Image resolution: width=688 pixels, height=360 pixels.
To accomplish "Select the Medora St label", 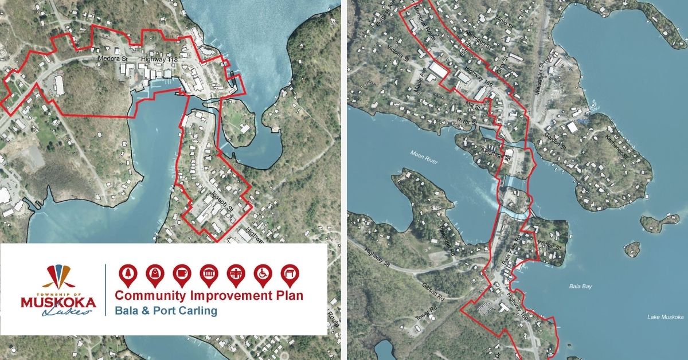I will click(x=110, y=58).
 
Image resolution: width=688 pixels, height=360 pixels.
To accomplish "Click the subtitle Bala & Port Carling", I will click(x=166, y=311).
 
